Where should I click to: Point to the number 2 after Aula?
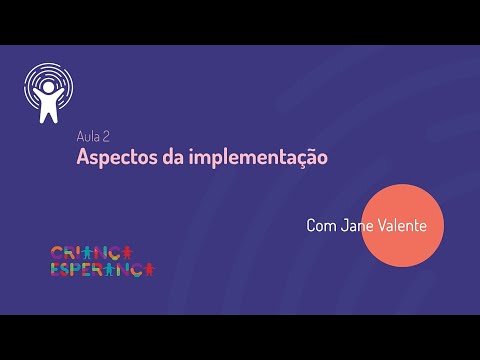pyautogui.click(x=106, y=136)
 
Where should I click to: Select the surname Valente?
pyautogui.click(x=402, y=226)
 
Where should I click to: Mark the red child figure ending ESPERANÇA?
pyautogui.click(x=149, y=270)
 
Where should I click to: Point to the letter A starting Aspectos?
pyautogui.click(x=83, y=158)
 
